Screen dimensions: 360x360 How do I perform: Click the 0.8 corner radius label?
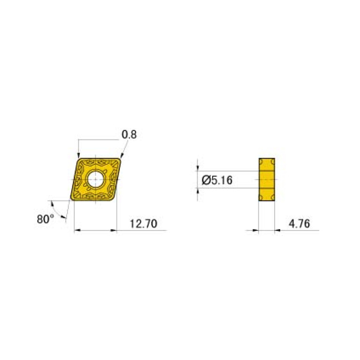pos(129,135)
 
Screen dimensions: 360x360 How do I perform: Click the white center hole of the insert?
pos(96,179)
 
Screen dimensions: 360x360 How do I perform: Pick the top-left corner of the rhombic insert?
pos(80,159)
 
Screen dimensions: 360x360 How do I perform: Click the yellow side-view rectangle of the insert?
pos(266,179)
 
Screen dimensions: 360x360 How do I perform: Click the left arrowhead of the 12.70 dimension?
pos(77,230)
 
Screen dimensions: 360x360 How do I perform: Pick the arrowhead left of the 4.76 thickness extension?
pos(255,230)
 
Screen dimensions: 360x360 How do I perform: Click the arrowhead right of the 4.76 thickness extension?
pos(277,230)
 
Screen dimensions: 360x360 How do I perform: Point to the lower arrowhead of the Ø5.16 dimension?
pos(198,190)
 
